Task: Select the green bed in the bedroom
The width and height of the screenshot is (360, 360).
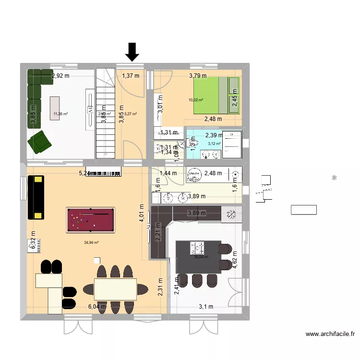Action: click(x=216, y=95)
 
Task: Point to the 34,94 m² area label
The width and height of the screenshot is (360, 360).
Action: click(x=91, y=243)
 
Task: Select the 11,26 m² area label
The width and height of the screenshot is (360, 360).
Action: click(x=60, y=114)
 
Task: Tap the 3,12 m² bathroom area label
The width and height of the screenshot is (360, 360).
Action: click(x=214, y=144)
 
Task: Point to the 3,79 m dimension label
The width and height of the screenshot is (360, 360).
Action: click(x=198, y=75)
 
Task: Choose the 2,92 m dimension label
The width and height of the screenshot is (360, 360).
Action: click(x=60, y=75)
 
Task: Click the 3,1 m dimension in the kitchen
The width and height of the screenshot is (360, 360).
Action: click(x=206, y=307)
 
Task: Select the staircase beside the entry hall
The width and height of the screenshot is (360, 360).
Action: click(x=106, y=113)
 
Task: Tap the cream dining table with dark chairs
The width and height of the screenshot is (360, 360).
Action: click(x=115, y=289)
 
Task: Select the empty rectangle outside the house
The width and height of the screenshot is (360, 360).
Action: click(x=303, y=209)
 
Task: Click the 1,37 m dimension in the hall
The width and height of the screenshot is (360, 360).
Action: click(x=130, y=75)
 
